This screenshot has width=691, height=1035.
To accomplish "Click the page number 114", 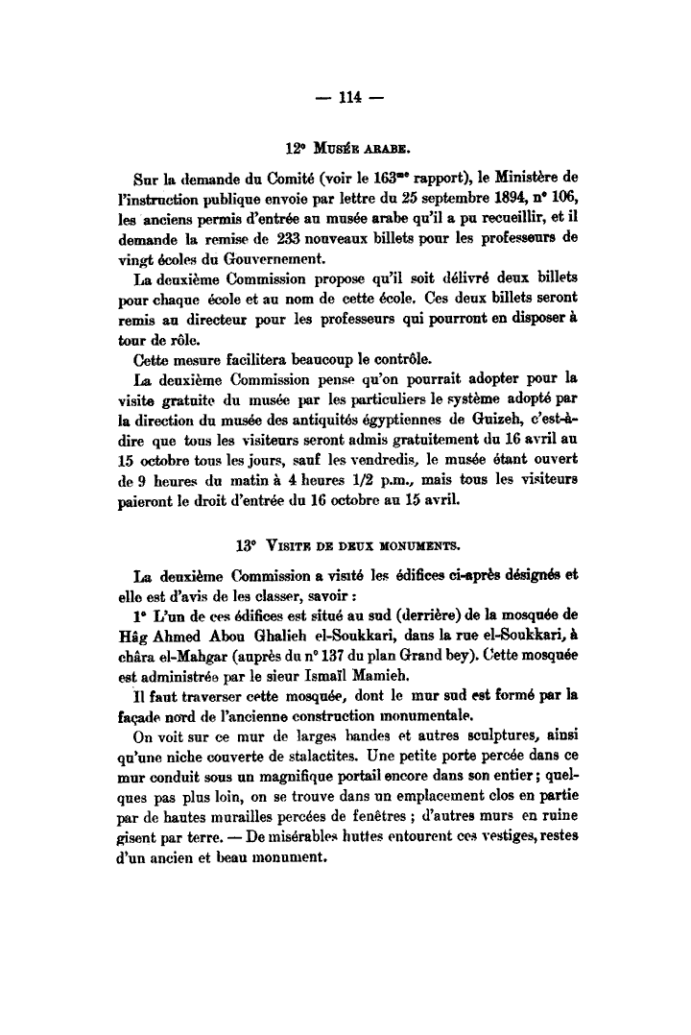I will [348, 96].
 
